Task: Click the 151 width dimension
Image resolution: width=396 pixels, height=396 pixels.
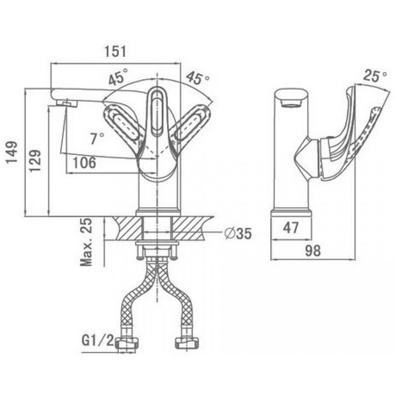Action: coord(114,51)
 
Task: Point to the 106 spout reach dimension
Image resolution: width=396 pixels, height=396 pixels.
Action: coord(82,163)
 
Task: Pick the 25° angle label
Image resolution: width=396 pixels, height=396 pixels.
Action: coord(375,76)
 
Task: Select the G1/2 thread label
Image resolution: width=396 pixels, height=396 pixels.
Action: coord(98,341)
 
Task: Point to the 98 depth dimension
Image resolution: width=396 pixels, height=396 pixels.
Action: coord(312,251)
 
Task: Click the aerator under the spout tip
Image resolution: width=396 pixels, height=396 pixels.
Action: coord(66,102)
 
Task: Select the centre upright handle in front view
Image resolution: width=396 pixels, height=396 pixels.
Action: coord(157,111)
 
